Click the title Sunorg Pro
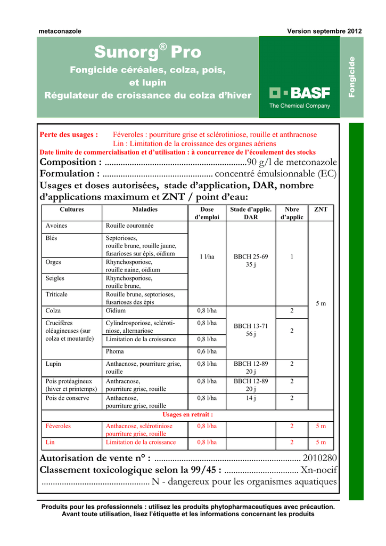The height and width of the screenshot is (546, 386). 148,52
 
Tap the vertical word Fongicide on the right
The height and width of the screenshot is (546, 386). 351,76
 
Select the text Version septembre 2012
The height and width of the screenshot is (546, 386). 324,31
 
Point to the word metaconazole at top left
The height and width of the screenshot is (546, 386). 60,31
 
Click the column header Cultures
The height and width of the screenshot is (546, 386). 72,210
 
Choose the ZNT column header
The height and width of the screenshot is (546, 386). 321,210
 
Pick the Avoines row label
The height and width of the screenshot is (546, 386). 56,226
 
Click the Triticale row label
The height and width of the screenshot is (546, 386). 57,294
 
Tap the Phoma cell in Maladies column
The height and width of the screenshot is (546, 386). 114,351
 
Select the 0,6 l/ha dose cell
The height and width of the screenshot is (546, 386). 207,351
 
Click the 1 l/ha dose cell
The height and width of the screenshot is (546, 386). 207,256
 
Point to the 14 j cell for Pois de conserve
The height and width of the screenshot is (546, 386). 251,398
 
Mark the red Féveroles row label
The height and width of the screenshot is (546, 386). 58,426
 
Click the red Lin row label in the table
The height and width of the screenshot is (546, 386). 50,442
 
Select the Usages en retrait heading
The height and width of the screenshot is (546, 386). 187,414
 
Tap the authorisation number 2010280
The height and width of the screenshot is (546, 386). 319,458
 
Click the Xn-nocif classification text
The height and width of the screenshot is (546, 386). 318,470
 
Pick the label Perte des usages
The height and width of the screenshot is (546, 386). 69,135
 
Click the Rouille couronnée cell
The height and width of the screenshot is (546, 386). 129,226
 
